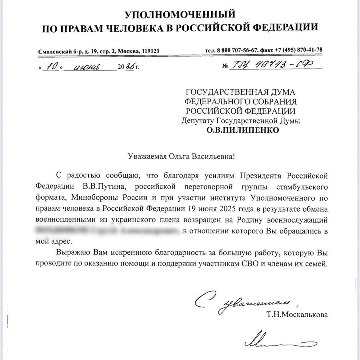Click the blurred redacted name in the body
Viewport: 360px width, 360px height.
click(x=108, y=231)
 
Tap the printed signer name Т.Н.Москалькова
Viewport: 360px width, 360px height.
click(x=298, y=315)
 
